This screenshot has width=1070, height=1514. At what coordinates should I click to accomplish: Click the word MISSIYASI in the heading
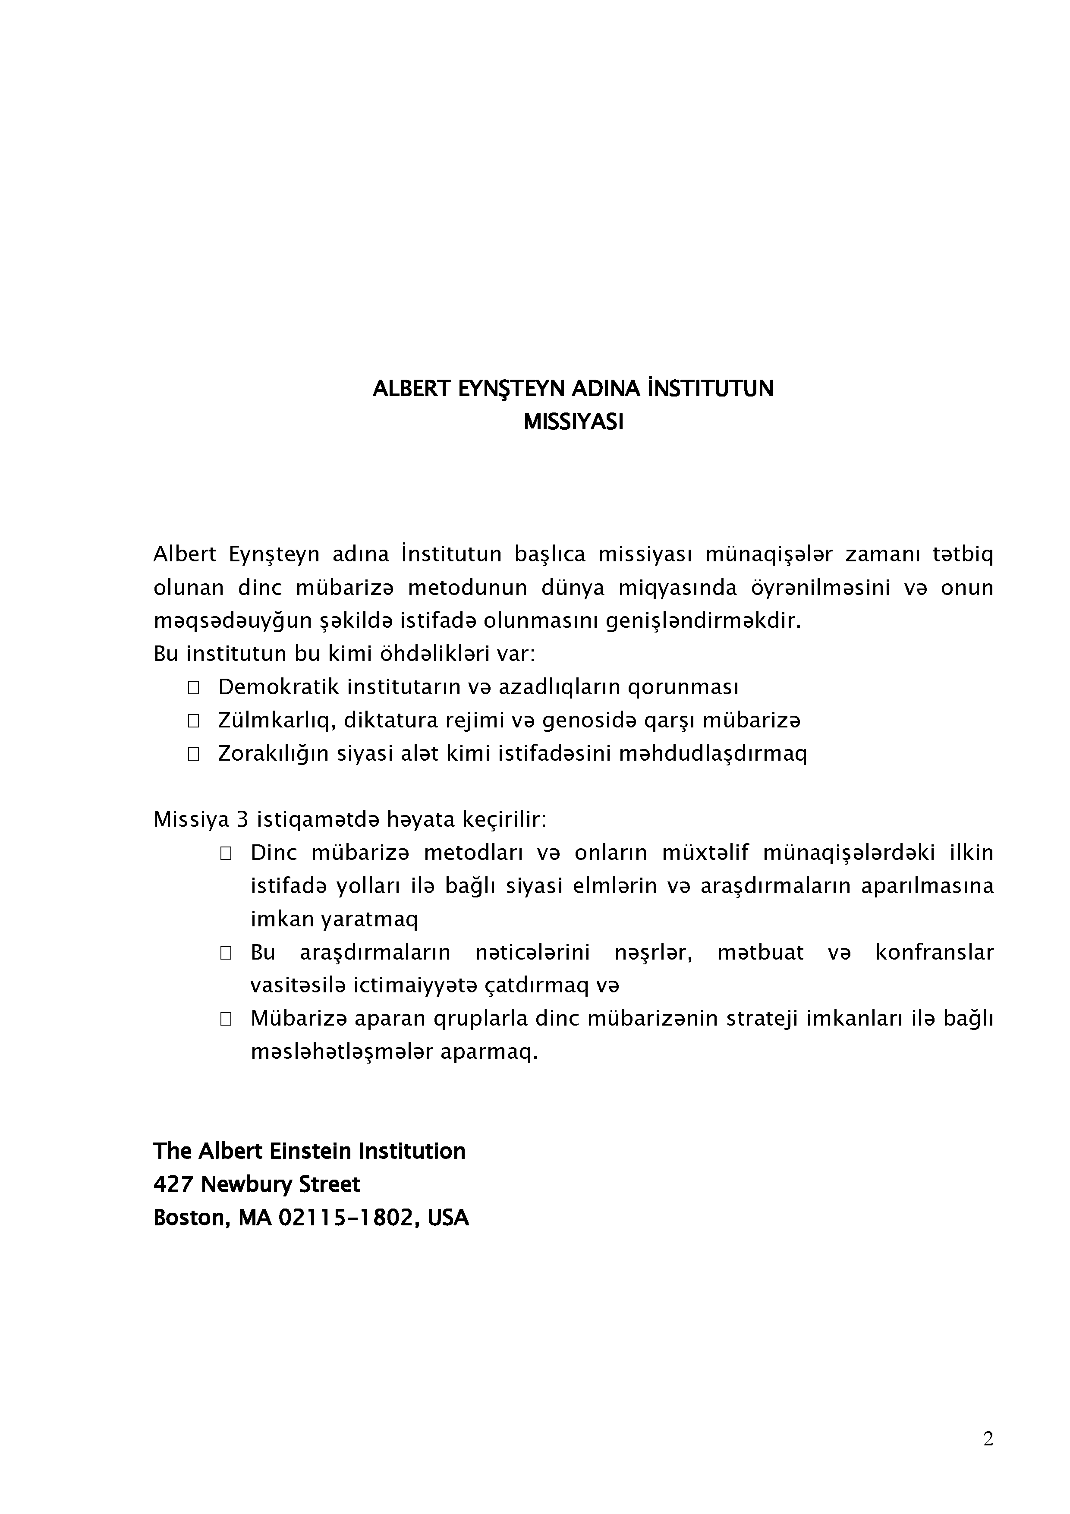(x=573, y=422)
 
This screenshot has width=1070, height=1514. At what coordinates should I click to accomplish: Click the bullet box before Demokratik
(x=193, y=688)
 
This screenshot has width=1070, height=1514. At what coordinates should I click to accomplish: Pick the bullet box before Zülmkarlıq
(x=193, y=721)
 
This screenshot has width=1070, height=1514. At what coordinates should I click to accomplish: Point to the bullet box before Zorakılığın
(x=193, y=754)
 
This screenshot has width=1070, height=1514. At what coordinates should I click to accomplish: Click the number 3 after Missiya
(x=242, y=820)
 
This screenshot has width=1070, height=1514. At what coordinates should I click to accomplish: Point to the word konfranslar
(x=934, y=952)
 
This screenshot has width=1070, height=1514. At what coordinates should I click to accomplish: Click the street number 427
(x=173, y=1184)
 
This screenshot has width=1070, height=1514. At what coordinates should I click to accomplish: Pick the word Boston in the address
(x=190, y=1217)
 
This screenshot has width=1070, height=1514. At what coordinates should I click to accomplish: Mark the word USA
(x=448, y=1217)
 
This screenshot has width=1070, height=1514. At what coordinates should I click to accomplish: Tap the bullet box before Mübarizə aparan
(x=226, y=1019)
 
